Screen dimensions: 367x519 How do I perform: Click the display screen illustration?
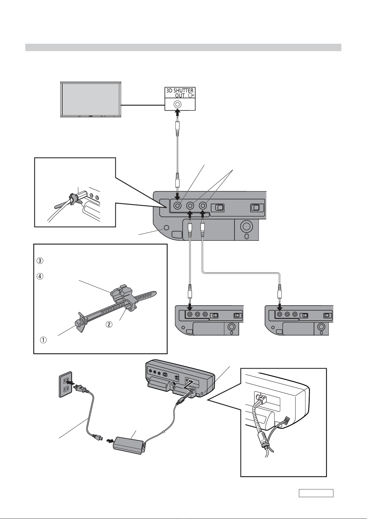[x=91, y=99]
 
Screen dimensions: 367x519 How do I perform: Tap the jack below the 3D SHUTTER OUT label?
[x=177, y=104]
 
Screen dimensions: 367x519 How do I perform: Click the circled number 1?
[x=43, y=340]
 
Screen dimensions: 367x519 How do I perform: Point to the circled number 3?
[x=40, y=261]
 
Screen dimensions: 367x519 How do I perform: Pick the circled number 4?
[x=40, y=276]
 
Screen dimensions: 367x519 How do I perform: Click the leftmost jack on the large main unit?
[x=178, y=205]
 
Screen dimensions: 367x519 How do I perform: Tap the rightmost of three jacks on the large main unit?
[x=203, y=205]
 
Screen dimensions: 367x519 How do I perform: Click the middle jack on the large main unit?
[x=190, y=205]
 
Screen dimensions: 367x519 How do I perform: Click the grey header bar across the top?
[x=183, y=47]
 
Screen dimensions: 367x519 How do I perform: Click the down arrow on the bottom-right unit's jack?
[x=280, y=307]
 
